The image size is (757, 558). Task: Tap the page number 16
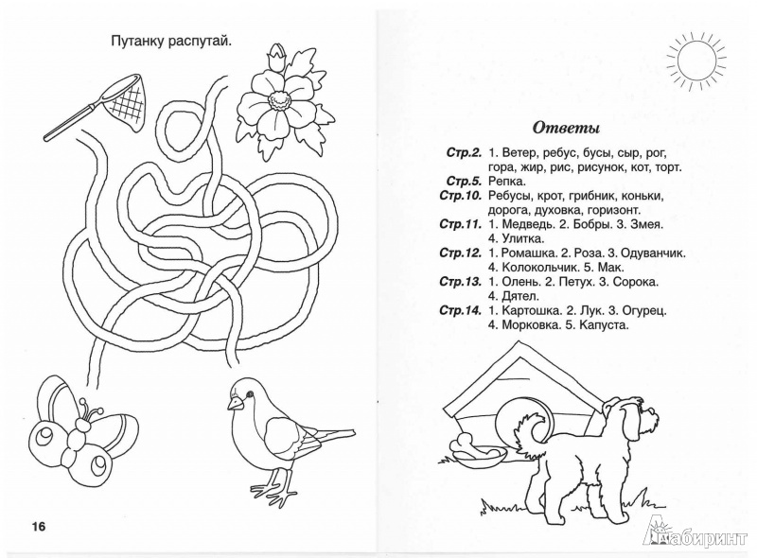(x=43, y=527)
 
